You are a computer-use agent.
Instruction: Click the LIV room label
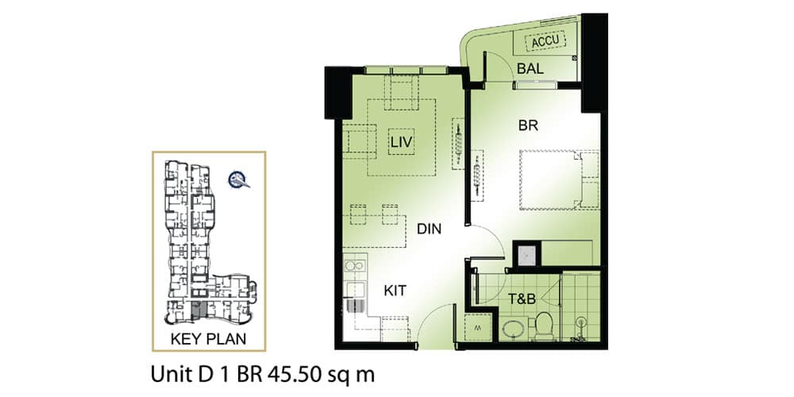[402, 143]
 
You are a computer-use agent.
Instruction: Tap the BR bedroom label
[528, 126]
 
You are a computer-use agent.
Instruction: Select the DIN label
[429, 229]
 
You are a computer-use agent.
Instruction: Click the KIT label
[395, 291]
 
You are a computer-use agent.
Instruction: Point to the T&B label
[522, 299]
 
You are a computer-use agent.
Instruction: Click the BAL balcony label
[530, 69]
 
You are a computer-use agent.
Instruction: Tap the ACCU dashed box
[544, 41]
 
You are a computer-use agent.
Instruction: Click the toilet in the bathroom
[544, 326]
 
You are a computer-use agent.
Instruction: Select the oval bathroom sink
[515, 330]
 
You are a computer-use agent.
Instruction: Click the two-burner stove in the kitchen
[354, 265]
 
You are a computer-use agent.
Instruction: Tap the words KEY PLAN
[208, 339]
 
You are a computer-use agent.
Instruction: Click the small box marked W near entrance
[477, 327]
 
